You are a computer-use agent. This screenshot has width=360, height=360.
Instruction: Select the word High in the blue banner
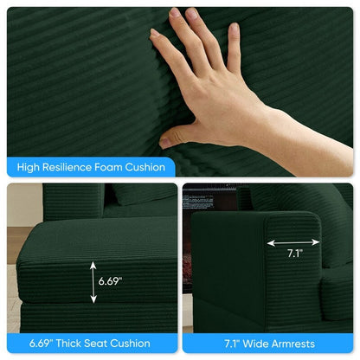(29, 168)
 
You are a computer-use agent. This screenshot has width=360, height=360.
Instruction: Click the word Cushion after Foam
(145, 167)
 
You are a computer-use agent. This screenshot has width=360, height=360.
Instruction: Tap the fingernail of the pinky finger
(234, 28)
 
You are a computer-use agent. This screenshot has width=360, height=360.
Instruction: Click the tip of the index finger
(154, 32)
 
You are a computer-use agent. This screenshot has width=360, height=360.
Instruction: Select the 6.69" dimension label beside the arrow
(110, 281)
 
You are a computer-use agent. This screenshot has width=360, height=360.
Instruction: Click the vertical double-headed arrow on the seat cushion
(93, 282)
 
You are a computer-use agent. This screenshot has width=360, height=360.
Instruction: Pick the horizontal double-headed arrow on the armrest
(293, 243)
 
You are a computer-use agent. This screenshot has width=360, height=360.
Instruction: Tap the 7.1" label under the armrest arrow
(294, 254)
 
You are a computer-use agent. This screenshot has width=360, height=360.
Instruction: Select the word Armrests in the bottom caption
(293, 344)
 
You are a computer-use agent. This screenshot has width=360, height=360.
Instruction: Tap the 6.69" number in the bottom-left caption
(41, 344)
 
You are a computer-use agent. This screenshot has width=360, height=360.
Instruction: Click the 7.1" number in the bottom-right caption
(232, 344)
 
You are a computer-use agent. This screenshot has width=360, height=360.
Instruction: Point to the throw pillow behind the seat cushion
(142, 193)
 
